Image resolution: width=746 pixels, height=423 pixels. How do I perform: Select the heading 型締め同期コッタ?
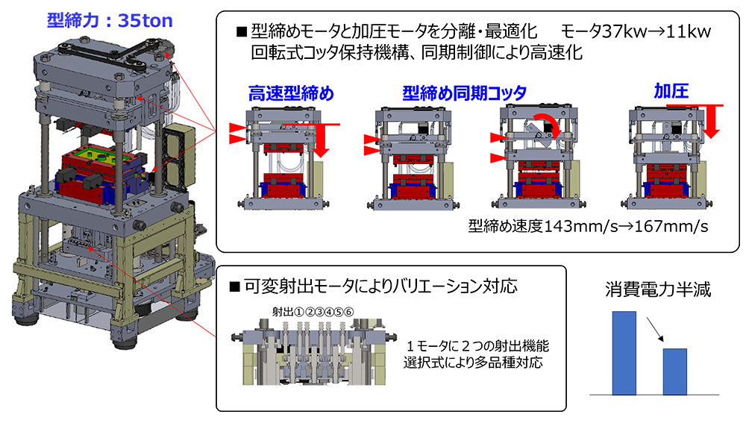pos(464,93)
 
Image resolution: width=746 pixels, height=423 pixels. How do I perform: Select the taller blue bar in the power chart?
pos(624,352)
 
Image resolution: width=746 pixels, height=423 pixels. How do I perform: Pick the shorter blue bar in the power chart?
pos(674,371)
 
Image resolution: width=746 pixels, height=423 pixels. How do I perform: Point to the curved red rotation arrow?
pos(548,121)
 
